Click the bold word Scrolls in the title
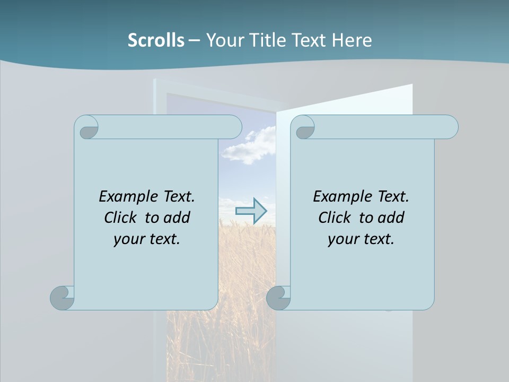156,40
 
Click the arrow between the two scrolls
251,211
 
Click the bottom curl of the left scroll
63,298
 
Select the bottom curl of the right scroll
278,298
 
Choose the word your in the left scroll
128,239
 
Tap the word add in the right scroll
391,218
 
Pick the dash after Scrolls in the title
194,40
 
